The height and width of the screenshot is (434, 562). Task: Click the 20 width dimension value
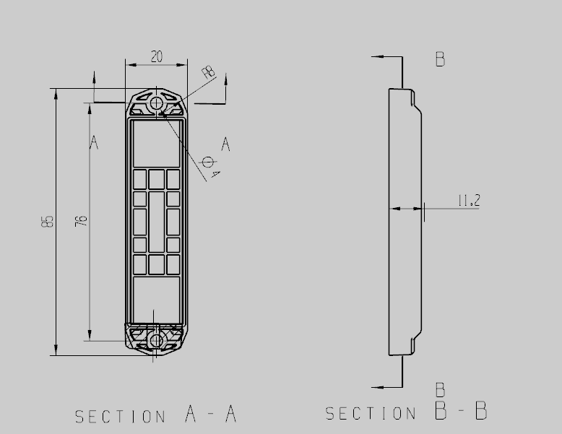156,56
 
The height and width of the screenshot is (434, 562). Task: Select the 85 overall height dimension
47,222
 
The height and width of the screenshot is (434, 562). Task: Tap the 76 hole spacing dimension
81,221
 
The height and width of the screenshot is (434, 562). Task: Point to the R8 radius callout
209,71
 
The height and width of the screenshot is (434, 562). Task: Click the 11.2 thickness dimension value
469,200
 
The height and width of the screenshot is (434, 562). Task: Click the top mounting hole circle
156,103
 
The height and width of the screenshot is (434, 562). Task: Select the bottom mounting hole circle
156,340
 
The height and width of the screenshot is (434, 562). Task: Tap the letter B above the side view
441,59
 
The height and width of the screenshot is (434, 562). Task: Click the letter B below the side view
441,390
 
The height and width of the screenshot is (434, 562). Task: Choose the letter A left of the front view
94,142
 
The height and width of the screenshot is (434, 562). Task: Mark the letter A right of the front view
225,144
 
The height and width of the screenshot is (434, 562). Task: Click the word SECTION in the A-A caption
121,417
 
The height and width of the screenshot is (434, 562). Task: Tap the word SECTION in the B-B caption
371,413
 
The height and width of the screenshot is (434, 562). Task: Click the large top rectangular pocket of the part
156,144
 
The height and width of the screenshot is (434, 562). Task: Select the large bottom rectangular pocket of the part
156,300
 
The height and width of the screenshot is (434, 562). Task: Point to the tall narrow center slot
156,222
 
